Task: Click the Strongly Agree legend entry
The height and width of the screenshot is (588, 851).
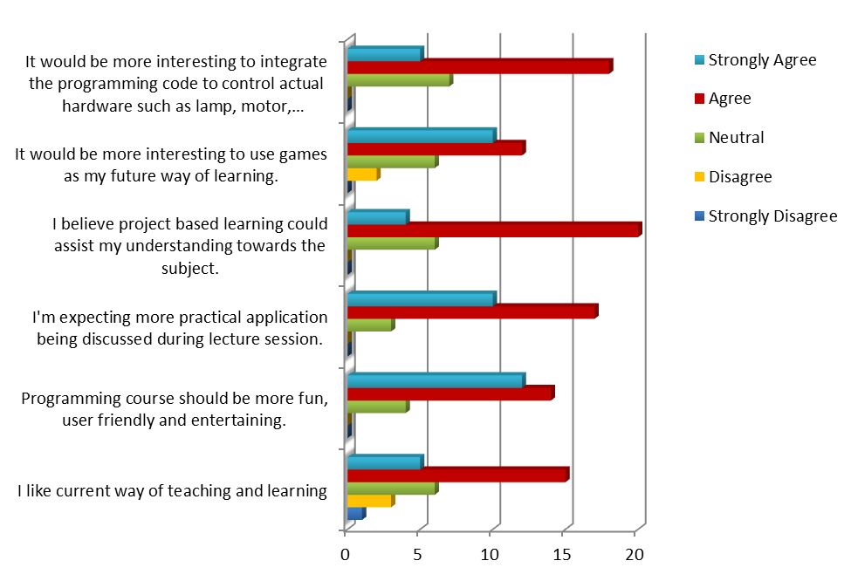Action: tap(762, 60)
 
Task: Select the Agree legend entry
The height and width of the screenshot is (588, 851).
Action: tap(730, 99)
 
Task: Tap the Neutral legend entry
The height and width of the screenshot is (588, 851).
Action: tap(736, 138)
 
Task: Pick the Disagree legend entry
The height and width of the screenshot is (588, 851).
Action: tap(740, 177)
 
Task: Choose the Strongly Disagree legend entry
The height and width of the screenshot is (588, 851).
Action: tap(772, 216)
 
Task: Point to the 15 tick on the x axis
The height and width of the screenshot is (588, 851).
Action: tap(563, 554)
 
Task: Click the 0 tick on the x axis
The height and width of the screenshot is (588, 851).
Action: tap(347, 554)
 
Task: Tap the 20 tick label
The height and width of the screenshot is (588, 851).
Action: tap(635, 554)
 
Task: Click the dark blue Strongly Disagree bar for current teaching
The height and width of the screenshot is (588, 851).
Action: tap(354, 515)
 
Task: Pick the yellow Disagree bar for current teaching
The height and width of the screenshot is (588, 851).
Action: tap(368, 502)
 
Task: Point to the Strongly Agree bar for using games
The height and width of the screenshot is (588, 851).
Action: tap(420, 136)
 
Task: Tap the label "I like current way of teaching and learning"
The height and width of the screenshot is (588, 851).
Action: tap(172, 491)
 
